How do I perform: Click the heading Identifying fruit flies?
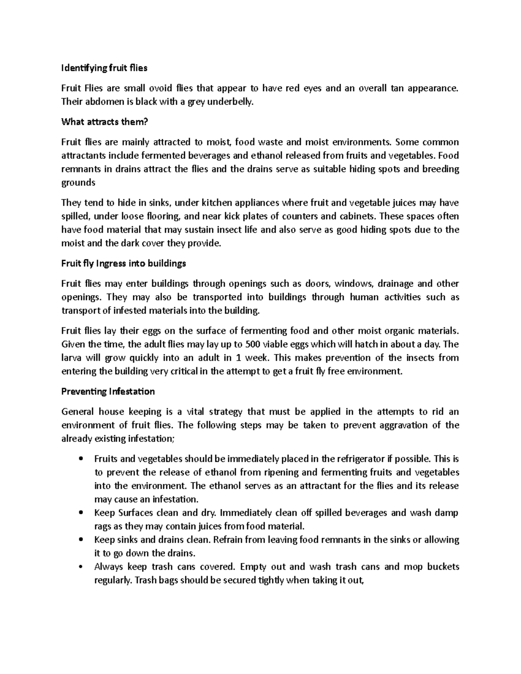(x=104, y=68)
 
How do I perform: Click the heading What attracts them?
(x=105, y=122)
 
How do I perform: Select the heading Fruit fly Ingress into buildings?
(x=123, y=263)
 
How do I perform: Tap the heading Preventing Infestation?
(x=108, y=391)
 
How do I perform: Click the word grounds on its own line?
(x=78, y=183)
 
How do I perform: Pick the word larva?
(x=72, y=358)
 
